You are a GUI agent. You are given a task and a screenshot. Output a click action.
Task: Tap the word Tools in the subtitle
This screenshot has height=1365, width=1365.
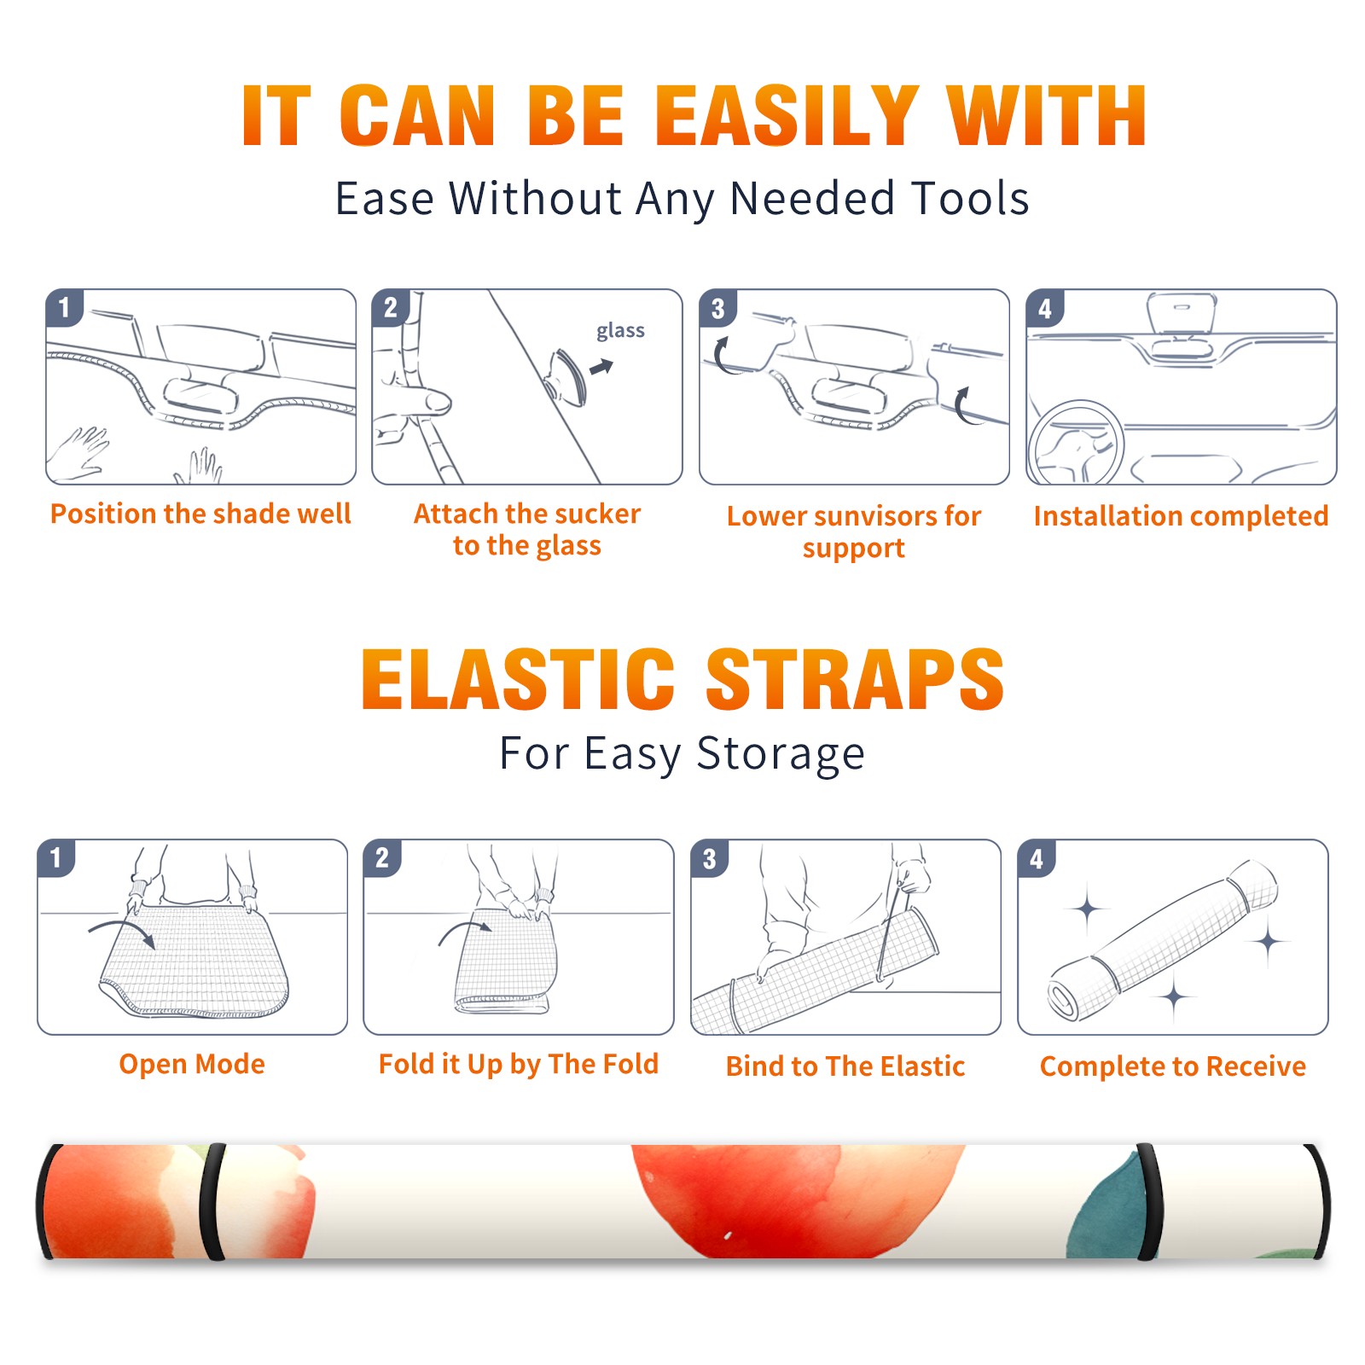tap(969, 200)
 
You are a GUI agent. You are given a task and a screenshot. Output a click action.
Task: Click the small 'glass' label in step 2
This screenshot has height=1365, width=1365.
tap(620, 331)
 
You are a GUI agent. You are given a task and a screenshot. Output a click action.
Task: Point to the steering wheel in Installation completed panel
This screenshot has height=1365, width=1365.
tap(1076, 443)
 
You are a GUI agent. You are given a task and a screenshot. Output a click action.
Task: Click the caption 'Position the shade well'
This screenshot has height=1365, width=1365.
tap(200, 514)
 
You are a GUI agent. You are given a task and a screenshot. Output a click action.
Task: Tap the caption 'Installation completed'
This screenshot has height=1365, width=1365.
tap(1181, 516)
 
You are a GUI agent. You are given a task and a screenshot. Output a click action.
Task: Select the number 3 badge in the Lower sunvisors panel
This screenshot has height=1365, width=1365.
tap(718, 309)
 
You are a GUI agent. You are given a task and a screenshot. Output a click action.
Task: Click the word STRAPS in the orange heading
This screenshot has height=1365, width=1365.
tap(855, 679)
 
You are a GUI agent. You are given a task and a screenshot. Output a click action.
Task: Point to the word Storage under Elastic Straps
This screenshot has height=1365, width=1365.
tap(781, 755)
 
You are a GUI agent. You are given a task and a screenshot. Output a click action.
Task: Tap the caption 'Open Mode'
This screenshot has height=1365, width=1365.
tap(192, 1065)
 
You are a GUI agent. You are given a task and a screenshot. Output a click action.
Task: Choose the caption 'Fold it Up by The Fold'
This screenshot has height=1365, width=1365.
tap(519, 1065)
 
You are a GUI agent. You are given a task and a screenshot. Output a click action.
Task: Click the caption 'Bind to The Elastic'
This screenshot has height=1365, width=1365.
tap(845, 1066)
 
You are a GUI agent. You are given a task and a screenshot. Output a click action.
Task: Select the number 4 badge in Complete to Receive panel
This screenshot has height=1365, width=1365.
tap(1037, 859)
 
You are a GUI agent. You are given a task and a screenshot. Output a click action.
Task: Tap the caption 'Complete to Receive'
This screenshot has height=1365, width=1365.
tap(1173, 1066)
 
